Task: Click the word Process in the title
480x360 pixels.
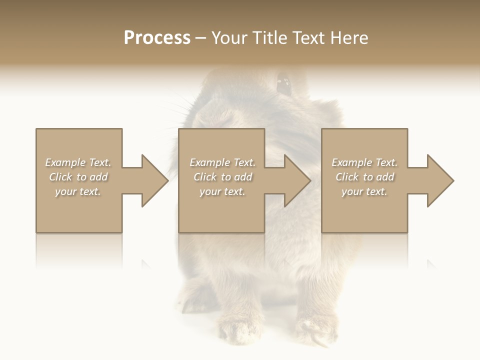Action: point(157,38)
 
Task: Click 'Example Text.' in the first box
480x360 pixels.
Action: point(78,162)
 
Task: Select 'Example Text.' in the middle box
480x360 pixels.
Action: point(222,162)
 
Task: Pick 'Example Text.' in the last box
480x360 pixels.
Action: point(364,162)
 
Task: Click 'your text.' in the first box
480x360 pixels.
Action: point(78,191)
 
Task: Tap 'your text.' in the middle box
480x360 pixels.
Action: point(222,191)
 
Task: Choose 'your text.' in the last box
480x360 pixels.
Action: point(364,191)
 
